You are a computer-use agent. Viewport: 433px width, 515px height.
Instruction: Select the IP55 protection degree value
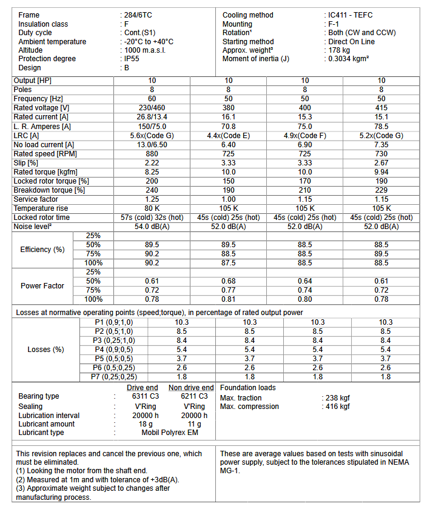[134, 59]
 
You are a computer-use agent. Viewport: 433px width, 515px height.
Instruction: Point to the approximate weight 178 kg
[339, 50]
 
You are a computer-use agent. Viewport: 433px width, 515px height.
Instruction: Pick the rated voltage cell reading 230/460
[152, 108]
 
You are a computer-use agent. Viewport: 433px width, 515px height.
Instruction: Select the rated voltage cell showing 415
[381, 108]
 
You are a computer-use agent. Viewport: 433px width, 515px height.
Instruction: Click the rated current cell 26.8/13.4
[152, 117]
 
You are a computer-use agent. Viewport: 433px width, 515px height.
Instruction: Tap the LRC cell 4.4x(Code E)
[229, 136]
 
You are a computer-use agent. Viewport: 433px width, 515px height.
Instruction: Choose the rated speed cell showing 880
[152, 154]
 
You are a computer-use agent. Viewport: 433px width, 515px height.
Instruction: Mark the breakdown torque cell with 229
[381, 190]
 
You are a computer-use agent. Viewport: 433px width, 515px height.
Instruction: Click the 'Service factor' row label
[36, 199]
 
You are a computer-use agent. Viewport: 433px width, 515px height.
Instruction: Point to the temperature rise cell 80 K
[152, 208]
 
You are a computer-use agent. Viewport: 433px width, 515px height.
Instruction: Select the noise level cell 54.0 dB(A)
[152, 227]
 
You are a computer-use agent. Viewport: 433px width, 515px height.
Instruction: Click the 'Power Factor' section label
[42, 286]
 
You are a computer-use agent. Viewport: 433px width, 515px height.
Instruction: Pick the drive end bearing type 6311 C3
[143, 396]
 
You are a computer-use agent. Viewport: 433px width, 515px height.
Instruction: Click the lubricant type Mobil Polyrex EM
[170, 433]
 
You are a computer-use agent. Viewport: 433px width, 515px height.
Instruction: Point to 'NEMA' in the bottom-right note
[401, 462]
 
